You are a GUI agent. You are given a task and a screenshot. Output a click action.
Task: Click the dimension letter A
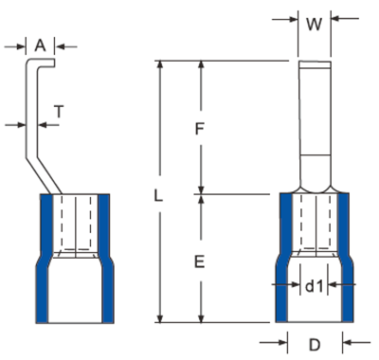coord(40,45)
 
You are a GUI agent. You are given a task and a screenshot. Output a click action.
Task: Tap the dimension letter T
coord(59,112)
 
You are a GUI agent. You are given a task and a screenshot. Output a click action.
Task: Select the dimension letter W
coord(315,25)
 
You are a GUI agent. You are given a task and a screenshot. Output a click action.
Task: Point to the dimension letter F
coord(200,129)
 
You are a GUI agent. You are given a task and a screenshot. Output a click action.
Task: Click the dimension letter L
coord(158,195)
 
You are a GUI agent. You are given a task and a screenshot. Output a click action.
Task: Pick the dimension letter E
coord(200,262)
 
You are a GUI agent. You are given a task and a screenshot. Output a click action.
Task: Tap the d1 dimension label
coord(315,286)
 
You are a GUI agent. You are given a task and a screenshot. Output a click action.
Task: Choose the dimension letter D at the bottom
coord(315,345)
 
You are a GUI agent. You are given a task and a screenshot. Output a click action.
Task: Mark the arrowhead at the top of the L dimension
coord(160,63)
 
